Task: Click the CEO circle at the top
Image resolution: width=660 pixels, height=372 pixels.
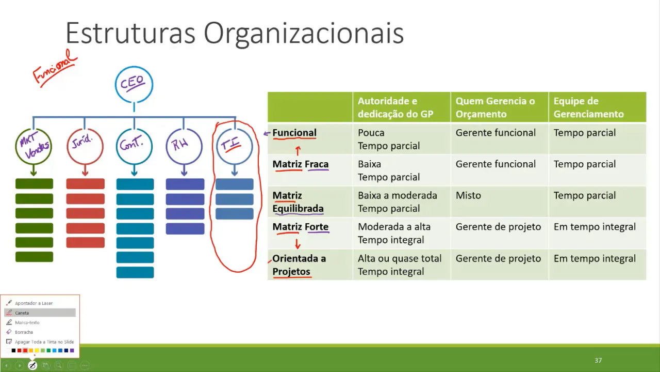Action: click(x=134, y=84)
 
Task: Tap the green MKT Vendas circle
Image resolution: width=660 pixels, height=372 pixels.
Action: click(x=34, y=146)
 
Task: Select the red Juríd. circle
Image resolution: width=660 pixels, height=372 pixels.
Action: click(x=85, y=146)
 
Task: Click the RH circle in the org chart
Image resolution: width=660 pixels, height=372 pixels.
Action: click(x=184, y=146)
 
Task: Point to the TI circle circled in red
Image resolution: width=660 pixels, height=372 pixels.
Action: click(x=235, y=146)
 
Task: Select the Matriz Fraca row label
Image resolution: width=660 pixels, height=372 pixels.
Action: click(x=300, y=164)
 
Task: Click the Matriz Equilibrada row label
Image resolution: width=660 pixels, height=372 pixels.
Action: click(x=298, y=202)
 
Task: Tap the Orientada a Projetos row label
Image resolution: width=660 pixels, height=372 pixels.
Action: click(x=299, y=265)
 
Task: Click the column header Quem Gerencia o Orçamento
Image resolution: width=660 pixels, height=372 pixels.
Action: click(x=495, y=107)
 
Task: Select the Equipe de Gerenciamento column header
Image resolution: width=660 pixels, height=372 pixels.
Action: click(x=588, y=107)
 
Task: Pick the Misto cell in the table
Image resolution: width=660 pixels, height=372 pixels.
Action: click(x=468, y=195)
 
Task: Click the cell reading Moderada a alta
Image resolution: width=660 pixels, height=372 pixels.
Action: click(x=394, y=227)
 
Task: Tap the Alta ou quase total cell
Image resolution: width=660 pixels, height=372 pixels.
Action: click(x=400, y=258)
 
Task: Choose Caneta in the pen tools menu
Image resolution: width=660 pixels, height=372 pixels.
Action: click(x=22, y=313)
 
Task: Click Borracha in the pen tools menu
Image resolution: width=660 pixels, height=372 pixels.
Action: click(x=24, y=332)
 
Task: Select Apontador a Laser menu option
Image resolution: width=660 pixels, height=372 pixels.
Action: click(x=34, y=303)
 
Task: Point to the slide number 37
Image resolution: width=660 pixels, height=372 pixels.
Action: click(x=598, y=361)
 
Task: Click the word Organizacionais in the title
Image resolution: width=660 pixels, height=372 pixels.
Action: click(x=303, y=34)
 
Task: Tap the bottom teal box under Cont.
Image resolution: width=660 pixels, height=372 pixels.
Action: click(x=135, y=272)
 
